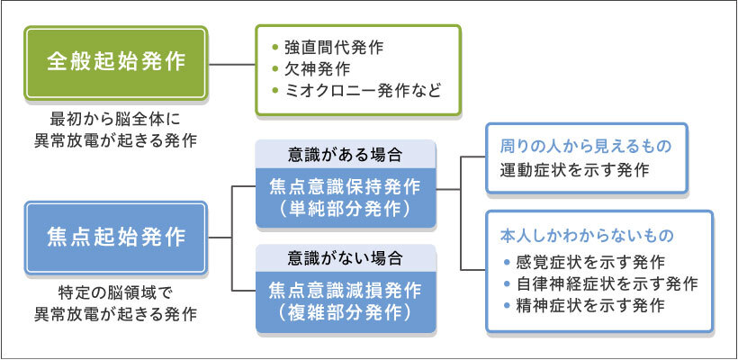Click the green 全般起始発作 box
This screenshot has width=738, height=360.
tap(116, 63)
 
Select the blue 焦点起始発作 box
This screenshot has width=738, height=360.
tap(116, 238)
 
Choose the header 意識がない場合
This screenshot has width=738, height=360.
tap(346, 258)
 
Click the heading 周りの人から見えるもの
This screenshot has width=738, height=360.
tap(586, 146)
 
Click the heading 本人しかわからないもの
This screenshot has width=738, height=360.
tap(586, 236)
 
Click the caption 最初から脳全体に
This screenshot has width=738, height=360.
tap(116, 120)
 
